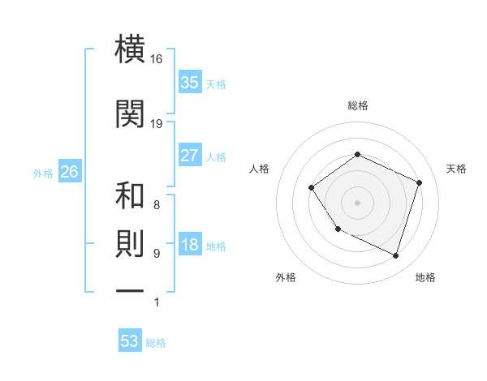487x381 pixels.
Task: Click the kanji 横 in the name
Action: click(x=130, y=49)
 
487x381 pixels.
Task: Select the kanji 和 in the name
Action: click(x=130, y=196)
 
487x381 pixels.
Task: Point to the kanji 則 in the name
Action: click(x=130, y=245)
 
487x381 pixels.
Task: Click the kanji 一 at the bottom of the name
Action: click(x=130, y=290)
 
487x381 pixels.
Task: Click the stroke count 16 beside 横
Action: click(x=157, y=60)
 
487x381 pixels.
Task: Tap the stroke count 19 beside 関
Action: click(x=157, y=124)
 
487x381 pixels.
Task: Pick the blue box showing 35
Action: click(x=189, y=82)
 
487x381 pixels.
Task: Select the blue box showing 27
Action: click(x=189, y=156)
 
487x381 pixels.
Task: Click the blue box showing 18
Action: click(x=189, y=246)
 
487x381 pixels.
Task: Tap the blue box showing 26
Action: click(x=69, y=172)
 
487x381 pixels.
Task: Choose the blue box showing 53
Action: click(x=129, y=341)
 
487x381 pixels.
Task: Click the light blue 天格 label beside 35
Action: click(x=216, y=83)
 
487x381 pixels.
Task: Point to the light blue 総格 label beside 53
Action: click(x=156, y=343)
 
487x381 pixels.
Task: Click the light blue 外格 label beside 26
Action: click(x=43, y=173)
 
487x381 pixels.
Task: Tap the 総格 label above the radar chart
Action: click(x=357, y=105)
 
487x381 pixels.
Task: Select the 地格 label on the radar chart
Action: click(x=425, y=278)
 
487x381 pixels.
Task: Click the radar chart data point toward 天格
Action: click(x=420, y=182)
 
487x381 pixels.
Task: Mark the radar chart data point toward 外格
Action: click(x=338, y=229)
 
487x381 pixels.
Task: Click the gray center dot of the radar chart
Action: click(x=357, y=202)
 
